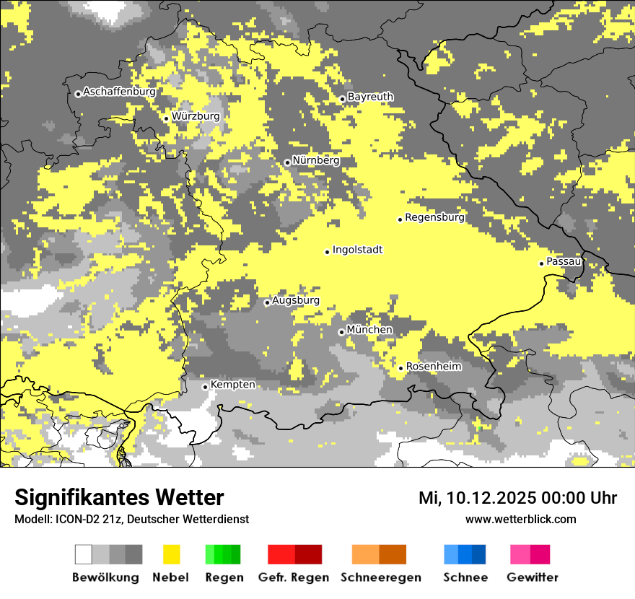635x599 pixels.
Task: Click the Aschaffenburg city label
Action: [119, 92]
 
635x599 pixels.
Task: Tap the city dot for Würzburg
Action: [166, 118]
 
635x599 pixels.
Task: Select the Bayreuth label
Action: [370, 97]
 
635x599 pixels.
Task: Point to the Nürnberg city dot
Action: [287, 162]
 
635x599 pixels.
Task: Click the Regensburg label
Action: [434, 217]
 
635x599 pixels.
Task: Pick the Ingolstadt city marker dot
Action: [327, 252]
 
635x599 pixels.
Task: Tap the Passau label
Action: [564, 261]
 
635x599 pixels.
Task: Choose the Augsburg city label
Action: [296, 300]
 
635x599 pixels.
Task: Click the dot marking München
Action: [341, 332]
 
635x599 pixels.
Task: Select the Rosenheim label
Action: [434, 367]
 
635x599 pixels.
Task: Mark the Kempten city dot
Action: [205, 387]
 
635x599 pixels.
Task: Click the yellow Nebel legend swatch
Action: [172, 554]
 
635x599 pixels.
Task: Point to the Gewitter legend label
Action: [532, 577]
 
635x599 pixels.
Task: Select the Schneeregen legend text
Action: [380, 577]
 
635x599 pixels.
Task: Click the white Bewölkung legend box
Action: [84, 554]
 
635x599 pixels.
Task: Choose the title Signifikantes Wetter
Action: [119, 498]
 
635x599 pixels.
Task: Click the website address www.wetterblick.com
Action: [520, 519]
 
